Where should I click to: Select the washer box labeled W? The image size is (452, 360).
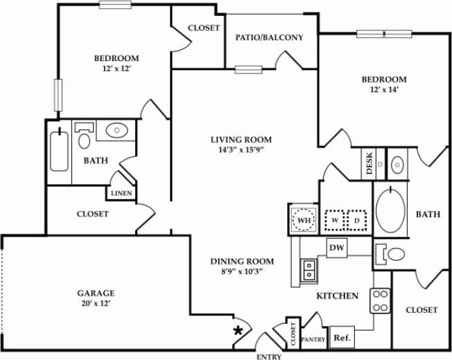[336, 220]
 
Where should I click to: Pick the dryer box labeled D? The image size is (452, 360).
[357, 220]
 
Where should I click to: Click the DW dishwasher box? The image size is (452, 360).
[337, 247]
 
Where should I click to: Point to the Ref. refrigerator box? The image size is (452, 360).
[341, 338]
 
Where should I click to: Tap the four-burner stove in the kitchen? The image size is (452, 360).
[381, 300]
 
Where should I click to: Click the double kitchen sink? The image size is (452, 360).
[307, 268]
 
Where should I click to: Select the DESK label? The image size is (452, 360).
[370, 165]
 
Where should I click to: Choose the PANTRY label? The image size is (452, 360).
[313, 339]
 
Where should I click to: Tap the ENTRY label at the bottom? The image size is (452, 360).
[269, 355]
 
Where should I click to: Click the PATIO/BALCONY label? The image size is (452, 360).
[269, 37]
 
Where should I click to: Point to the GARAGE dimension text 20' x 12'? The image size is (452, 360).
[95, 304]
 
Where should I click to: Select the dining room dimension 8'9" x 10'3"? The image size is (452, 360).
[242, 272]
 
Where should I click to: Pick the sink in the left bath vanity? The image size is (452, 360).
[116, 130]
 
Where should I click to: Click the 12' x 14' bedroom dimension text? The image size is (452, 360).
[383, 89]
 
